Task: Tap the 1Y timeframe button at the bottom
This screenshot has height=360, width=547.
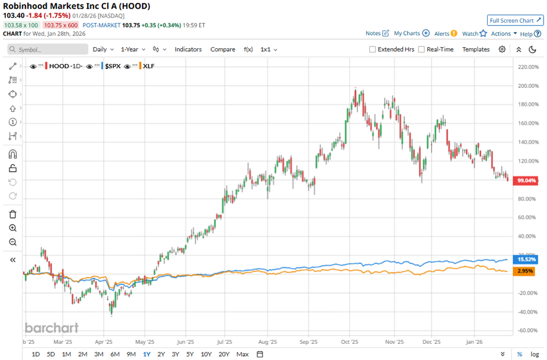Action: click(x=147, y=354)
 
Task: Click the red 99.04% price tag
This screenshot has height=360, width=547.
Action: click(x=526, y=181)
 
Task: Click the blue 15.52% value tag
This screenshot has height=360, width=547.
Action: click(x=526, y=259)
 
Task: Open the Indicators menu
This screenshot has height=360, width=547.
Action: click(x=188, y=49)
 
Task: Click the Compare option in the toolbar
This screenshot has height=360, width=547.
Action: click(x=222, y=49)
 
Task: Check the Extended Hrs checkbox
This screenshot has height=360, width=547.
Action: click(x=372, y=49)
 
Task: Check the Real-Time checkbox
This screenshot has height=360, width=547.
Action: click(x=421, y=49)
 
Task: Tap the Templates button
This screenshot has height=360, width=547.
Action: click(x=475, y=49)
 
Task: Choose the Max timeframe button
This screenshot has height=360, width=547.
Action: click(x=242, y=354)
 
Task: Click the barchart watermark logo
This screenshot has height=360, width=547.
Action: click(x=51, y=328)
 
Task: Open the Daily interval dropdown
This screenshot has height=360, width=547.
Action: click(x=102, y=49)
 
